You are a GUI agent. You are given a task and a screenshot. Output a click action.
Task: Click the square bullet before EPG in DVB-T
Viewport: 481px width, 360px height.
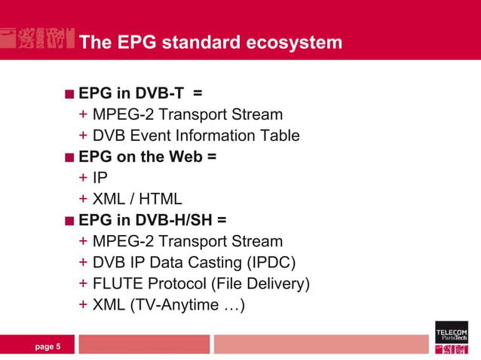pyautogui.click(x=69, y=94)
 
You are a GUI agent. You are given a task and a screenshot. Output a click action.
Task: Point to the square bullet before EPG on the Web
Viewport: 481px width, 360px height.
pyautogui.click(x=69, y=157)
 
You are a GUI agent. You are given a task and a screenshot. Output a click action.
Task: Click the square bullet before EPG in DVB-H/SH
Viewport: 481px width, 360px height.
pyautogui.click(x=69, y=221)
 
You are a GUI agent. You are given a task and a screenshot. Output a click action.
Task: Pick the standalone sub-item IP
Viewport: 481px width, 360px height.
pyautogui.click(x=100, y=178)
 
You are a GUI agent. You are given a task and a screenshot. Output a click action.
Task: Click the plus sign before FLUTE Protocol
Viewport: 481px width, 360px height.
pyautogui.click(x=82, y=285)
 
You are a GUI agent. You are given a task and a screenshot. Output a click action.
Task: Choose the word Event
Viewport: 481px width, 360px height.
pyautogui.click(x=151, y=136)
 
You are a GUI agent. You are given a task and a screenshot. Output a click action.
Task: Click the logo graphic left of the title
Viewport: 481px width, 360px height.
pyautogui.click(x=37, y=39)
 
